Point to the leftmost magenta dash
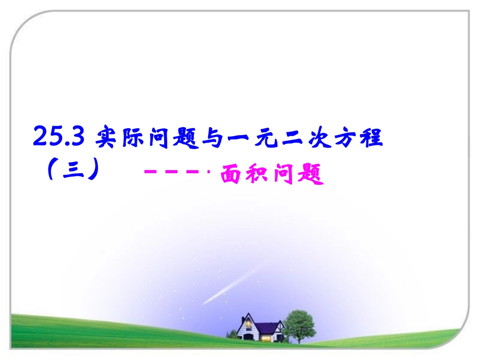(x=150, y=173)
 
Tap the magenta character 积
(x=258, y=176)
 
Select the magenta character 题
(x=310, y=176)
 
